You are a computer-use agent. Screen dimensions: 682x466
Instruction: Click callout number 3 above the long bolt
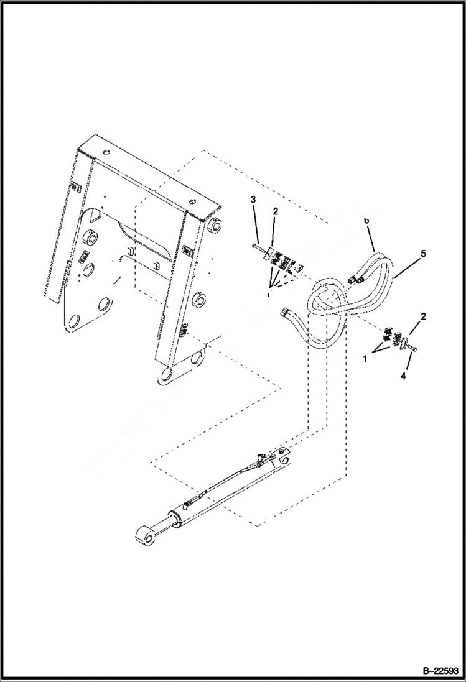tap(253, 199)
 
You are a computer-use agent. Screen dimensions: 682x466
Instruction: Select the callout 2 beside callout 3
tap(275, 211)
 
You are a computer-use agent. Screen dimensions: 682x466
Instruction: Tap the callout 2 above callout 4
tap(423, 317)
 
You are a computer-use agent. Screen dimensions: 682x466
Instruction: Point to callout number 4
tap(403, 376)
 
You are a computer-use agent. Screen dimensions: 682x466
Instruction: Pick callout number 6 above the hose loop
tap(366, 221)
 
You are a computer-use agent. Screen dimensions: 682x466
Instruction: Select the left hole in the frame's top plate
tap(105, 152)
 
